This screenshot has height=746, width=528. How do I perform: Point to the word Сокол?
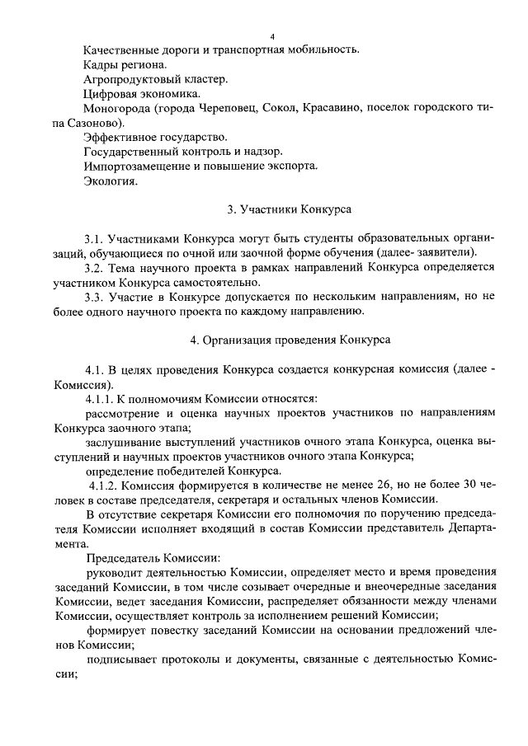click(283, 108)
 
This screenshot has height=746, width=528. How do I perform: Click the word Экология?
click(111, 181)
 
